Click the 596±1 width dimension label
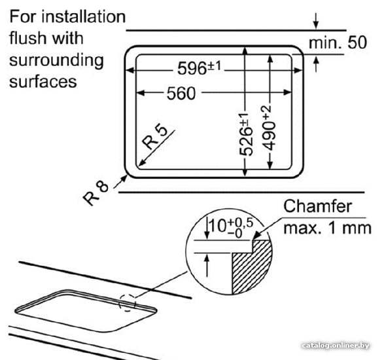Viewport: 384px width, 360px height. coord(199,68)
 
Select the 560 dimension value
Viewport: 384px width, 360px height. coord(181,94)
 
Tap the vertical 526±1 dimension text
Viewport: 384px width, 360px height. coord(246,134)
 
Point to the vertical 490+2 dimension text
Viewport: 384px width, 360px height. coord(269,128)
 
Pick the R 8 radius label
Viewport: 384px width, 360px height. coord(96,193)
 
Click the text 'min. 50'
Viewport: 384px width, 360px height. coord(338,43)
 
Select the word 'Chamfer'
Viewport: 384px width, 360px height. coord(318,206)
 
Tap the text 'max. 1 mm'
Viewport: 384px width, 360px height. coord(328,228)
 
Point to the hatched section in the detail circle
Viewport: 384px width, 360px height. coord(253,267)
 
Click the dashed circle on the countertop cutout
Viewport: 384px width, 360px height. coord(127,302)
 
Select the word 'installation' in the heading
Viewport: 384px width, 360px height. coord(84,17)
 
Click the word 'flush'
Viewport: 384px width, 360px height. coord(27,38)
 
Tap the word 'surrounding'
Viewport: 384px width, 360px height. coord(56,61)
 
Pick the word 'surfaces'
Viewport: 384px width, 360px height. coord(43,81)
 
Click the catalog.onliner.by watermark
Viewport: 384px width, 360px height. coord(336,346)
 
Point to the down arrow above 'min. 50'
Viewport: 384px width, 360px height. coord(316,21)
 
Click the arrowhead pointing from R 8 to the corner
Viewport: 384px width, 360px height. coord(124,179)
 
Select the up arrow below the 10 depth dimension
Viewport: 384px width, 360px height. coord(207,266)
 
